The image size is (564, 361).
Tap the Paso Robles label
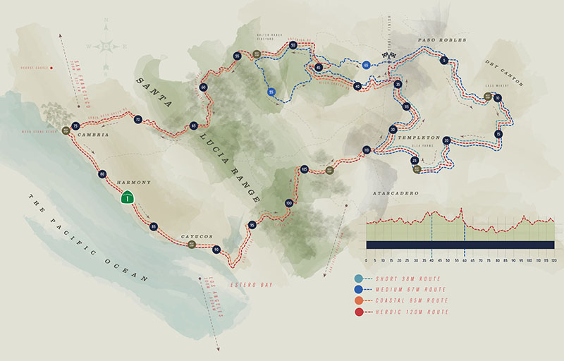[x=442, y=40]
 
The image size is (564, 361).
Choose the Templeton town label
[x=420, y=138]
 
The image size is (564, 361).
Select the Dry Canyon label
[x=504, y=73]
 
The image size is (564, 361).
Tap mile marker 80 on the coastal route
[x=103, y=173]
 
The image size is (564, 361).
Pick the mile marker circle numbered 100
[x=288, y=204]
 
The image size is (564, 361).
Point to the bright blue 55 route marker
[x=271, y=91]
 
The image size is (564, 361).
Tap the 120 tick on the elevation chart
[x=554, y=261]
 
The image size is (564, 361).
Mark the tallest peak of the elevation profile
[x=461, y=209]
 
